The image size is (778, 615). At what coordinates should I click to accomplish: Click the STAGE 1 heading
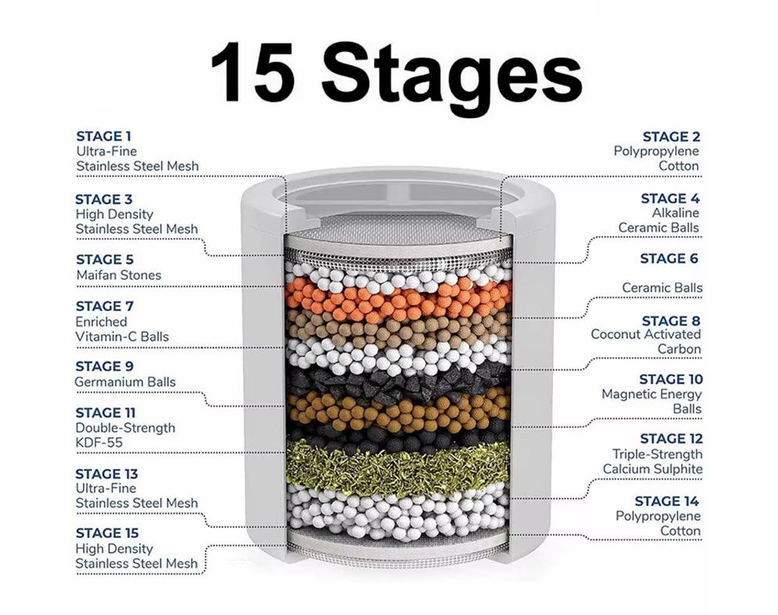click(103, 136)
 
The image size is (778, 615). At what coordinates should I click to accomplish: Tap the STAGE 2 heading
click(671, 137)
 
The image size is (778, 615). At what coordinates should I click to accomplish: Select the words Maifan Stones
click(118, 275)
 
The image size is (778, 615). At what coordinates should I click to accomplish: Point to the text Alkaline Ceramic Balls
click(658, 220)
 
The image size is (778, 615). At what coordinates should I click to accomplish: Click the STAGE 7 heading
click(104, 306)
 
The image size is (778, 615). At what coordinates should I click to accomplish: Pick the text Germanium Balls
click(125, 382)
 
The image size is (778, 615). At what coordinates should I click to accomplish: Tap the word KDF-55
click(99, 442)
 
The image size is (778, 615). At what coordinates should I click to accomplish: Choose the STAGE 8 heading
click(671, 321)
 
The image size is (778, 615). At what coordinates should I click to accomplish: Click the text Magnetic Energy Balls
click(652, 402)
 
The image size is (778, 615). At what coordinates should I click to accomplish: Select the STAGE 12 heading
click(671, 439)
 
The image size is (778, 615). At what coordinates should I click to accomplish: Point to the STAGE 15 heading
click(107, 533)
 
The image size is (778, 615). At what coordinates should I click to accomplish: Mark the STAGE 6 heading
click(669, 259)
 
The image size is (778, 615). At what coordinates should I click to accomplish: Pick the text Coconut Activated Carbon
click(646, 342)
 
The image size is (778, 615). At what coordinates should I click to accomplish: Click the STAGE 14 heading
click(667, 501)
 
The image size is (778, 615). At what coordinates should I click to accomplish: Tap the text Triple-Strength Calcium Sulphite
click(653, 462)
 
